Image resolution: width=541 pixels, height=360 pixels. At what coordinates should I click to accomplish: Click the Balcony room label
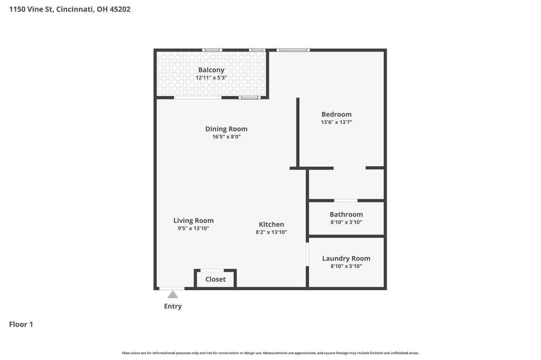(211, 70)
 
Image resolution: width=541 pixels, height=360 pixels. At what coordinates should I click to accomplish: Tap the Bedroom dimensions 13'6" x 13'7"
(337, 122)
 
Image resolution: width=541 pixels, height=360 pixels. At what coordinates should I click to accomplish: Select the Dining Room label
(226, 129)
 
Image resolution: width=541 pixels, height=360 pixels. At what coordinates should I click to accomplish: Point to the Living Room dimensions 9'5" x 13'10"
(193, 228)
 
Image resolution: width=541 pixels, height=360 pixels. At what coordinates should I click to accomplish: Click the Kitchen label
(272, 225)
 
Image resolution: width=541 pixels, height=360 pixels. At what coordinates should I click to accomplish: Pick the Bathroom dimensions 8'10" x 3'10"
(346, 222)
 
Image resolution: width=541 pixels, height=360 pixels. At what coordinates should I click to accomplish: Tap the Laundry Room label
(346, 258)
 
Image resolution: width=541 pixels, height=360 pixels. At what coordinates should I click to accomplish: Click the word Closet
(215, 279)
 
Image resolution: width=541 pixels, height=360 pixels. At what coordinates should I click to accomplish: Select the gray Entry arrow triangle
(173, 294)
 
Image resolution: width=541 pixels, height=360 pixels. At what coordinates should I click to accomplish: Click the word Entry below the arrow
(173, 306)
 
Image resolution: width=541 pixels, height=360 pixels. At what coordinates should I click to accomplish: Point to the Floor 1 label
(21, 324)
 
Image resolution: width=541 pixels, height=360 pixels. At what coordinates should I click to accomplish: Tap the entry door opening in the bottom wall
(172, 289)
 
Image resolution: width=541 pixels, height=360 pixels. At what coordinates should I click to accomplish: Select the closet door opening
(212, 270)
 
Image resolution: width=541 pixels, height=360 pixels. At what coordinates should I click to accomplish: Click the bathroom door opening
(346, 200)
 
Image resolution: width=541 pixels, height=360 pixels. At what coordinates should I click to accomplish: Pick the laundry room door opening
(307, 254)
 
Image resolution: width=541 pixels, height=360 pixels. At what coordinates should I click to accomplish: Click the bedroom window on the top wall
(293, 50)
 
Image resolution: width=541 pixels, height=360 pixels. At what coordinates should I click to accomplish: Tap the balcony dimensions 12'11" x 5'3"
(211, 78)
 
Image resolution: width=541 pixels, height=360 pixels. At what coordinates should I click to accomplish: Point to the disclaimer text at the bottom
(270, 353)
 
